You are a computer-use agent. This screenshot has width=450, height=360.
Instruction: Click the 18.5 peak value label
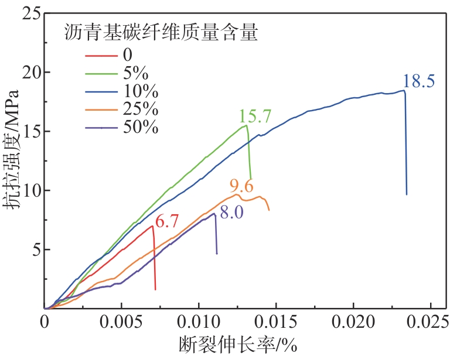tap(418, 81)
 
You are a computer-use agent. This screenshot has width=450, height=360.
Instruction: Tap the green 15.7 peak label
tap(254, 116)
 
